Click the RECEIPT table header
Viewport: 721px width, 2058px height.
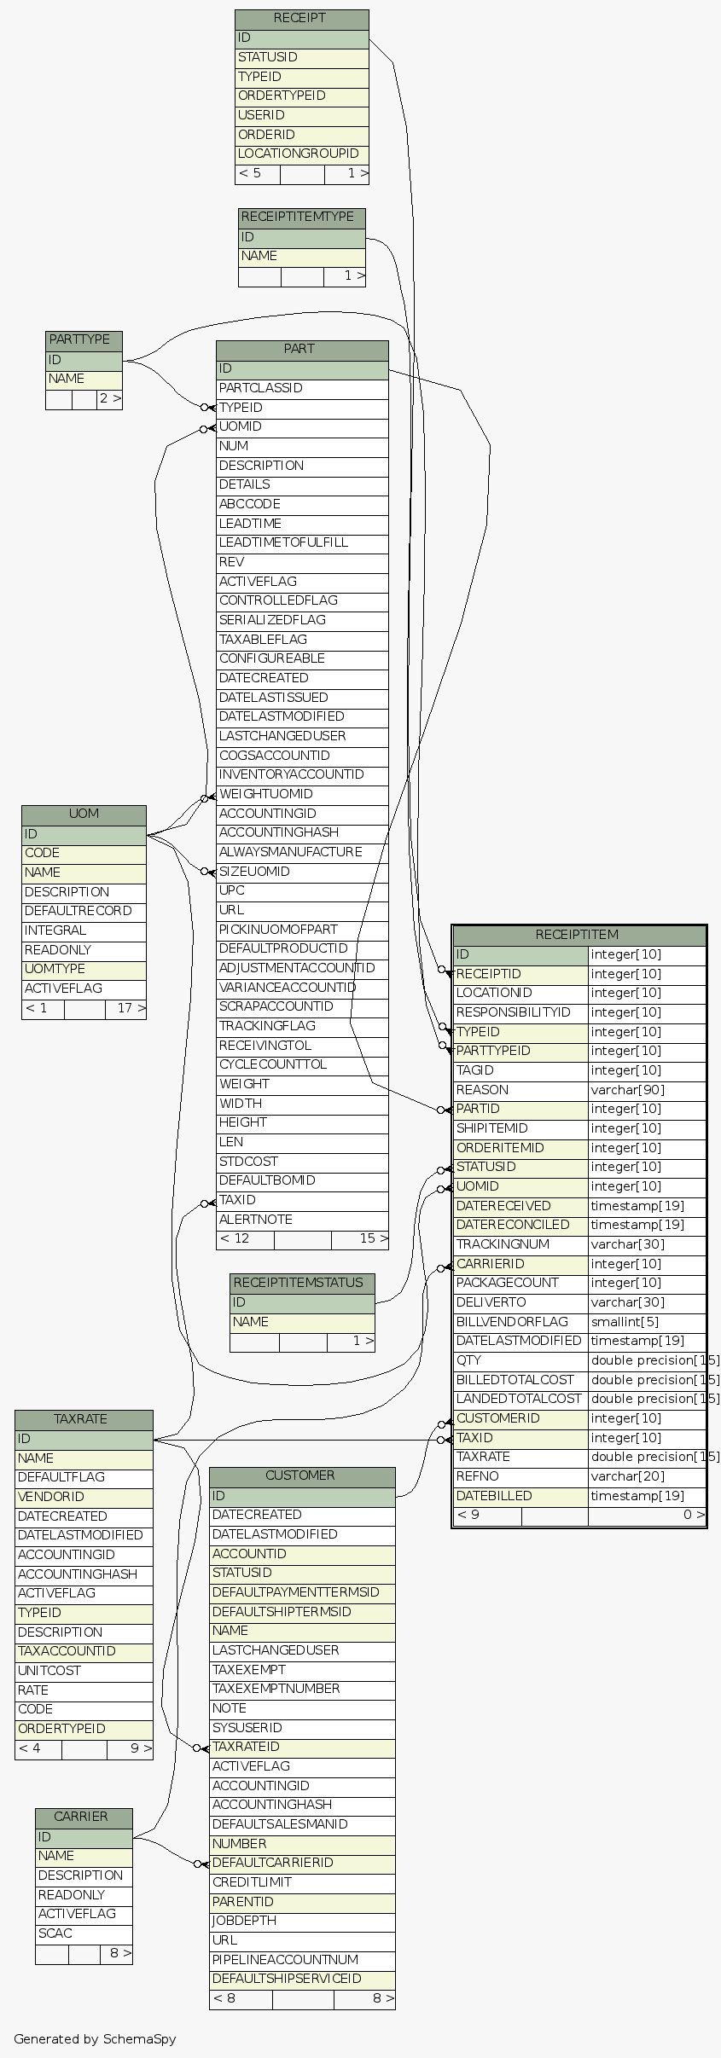301,18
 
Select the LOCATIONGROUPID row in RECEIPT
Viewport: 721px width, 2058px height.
298,154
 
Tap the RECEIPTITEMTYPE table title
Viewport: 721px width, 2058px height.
297,217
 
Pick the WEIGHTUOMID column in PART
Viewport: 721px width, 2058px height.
265,794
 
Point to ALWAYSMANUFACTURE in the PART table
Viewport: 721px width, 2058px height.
290,852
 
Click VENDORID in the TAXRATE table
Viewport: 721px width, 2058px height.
50,1497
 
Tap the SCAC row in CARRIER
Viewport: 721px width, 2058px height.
55,1933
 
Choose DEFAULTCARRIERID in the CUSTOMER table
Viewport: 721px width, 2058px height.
272,1863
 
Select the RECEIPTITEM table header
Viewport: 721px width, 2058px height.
577,935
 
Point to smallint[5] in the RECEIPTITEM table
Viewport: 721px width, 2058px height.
625,1322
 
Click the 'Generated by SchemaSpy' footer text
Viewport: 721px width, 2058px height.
95,2038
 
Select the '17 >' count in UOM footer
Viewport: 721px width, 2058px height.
131,1008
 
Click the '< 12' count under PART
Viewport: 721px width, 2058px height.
235,1238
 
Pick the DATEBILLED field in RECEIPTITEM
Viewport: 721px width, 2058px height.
494,1496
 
